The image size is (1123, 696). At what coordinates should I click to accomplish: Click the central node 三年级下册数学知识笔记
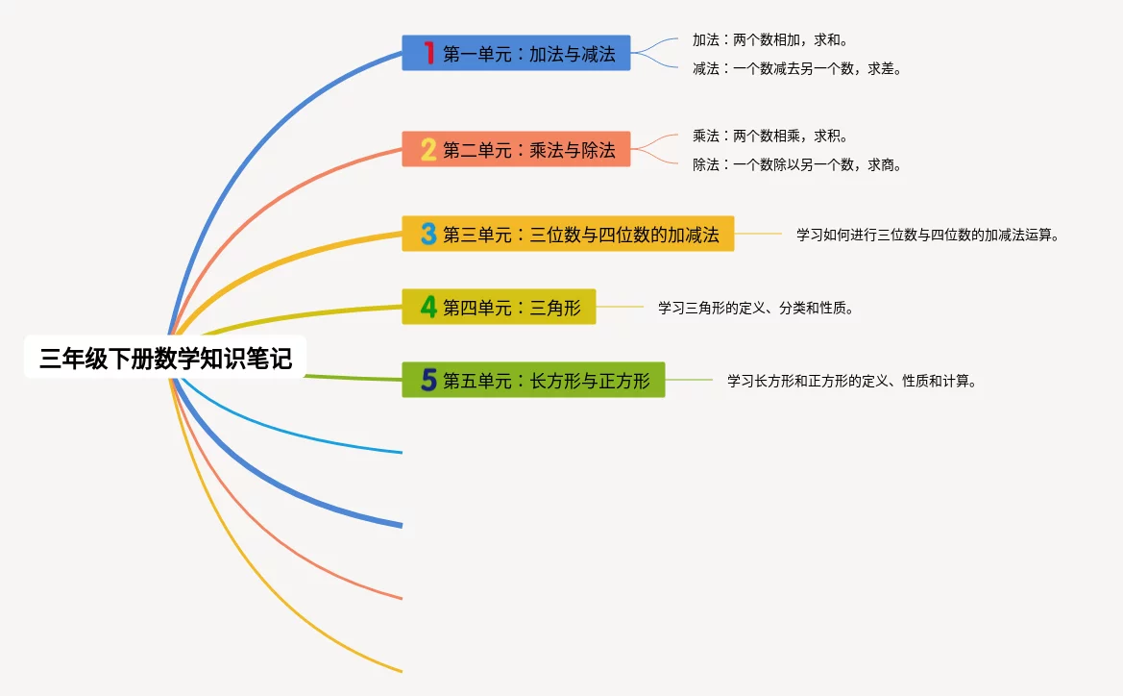[x=164, y=359]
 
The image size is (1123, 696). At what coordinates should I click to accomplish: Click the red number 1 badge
[x=428, y=53]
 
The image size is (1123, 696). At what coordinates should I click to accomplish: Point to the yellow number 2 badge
[x=428, y=150]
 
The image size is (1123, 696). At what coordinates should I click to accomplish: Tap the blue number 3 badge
[x=428, y=234]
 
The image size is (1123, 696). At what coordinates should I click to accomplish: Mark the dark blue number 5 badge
[x=428, y=381]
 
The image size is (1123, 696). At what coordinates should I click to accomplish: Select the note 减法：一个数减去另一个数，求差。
[x=796, y=68]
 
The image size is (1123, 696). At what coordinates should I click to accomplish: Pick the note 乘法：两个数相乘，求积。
[x=769, y=137]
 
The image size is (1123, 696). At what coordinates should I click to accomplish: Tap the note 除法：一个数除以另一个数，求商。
[x=796, y=164]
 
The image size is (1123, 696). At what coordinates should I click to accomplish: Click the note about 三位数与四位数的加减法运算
[x=927, y=235]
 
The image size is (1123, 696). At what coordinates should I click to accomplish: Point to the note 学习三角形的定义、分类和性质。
[x=755, y=309]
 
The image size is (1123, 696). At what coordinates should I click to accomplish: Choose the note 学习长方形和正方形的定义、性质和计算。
[x=852, y=381]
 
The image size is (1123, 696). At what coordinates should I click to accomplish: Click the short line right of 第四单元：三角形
[x=620, y=307]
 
